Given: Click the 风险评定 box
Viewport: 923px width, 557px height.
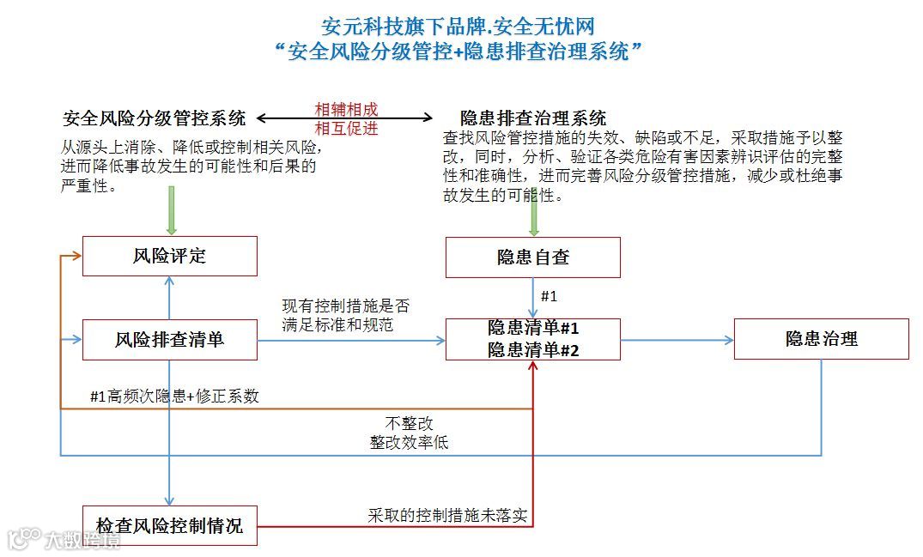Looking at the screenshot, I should [169, 256].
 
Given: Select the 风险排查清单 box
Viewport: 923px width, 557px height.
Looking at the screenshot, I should [169, 340].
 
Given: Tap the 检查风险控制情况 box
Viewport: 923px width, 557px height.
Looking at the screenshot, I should [169, 525].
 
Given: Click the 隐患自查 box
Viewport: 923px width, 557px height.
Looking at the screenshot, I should [532, 257].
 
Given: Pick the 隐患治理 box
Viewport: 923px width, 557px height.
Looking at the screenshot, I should [821, 339].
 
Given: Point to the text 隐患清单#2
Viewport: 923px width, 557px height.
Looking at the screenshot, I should [533, 349].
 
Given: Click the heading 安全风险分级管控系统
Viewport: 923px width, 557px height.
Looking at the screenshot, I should [155, 118].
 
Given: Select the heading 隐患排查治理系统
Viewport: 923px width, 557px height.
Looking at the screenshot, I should [533, 118].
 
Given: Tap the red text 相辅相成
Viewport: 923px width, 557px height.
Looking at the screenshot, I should [346, 110].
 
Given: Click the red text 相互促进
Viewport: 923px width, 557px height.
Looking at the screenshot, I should [346, 129].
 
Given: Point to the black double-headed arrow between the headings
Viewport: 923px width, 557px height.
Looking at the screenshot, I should [346, 119].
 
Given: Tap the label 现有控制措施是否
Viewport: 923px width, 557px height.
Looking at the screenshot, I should [346, 306].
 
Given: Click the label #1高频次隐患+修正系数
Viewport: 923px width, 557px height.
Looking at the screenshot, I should [174, 397].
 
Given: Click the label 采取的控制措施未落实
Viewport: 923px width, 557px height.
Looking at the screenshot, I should [447, 516].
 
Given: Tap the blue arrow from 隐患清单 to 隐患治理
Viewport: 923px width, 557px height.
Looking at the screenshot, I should [677, 340].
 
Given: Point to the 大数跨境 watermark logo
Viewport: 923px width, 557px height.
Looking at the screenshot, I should [64, 539].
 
